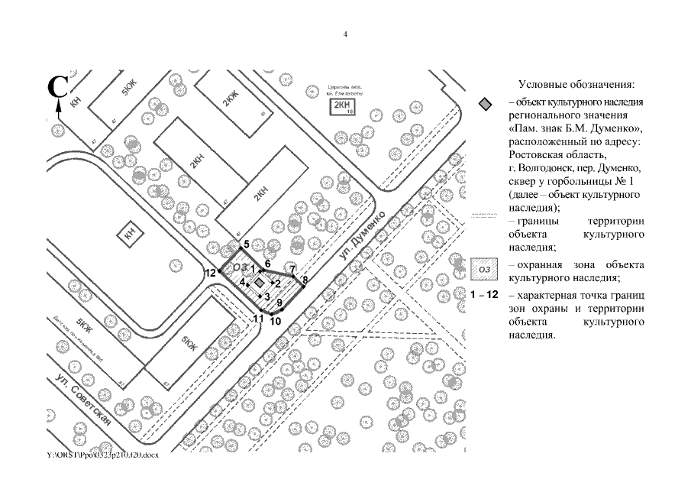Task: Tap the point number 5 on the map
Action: pyautogui.click(x=246, y=244)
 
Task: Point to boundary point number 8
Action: pyautogui.click(x=305, y=280)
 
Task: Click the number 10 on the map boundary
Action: pyautogui.click(x=275, y=321)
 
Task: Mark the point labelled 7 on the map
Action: pyautogui.click(x=292, y=269)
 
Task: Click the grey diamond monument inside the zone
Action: pyautogui.click(x=260, y=282)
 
